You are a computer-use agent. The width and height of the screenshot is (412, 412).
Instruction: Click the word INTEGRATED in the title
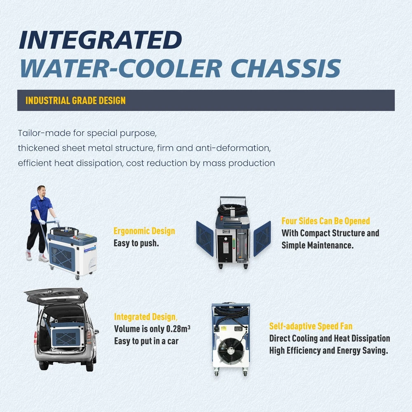pyautogui.click(x=101, y=40)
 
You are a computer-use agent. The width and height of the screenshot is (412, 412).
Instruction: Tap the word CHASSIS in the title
pyautogui.click(x=286, y=68)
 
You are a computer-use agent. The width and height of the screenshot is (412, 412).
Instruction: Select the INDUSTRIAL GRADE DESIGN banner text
pyautogui.click(x=75, y=101)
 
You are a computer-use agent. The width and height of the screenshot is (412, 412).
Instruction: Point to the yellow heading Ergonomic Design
pyautogui.click(x=144, y=231)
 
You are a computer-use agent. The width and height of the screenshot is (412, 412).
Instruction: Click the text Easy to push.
pyautogui.click(x=136, y=243)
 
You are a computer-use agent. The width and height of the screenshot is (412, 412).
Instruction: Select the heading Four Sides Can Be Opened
pyautogui.click(x=325, y=221)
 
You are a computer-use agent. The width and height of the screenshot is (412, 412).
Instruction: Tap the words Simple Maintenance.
pyautogui.click(x=317, y=245)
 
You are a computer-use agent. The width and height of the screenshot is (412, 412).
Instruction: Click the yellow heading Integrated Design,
pyautogui.click(x=145, y=317)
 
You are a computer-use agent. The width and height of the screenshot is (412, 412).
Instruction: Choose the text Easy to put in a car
pyautogui.click(x=146, y=341)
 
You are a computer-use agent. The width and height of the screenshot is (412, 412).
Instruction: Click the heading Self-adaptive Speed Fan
pyautogui.click(x=311, y=326)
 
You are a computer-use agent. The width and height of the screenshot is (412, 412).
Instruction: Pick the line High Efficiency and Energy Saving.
pyautogui.click(x=328, y=351)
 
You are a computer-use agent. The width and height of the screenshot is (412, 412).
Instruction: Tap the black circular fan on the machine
pyautogui.click(x=230, y=351)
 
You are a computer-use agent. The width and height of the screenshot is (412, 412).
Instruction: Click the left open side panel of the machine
pyautogui.click(x=205, y=238)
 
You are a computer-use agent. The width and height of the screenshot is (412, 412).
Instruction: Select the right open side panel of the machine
pyautogui.click(x=262, y=239)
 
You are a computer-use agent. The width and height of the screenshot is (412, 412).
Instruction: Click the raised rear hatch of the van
pyautogui.click(x=56, y=295)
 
